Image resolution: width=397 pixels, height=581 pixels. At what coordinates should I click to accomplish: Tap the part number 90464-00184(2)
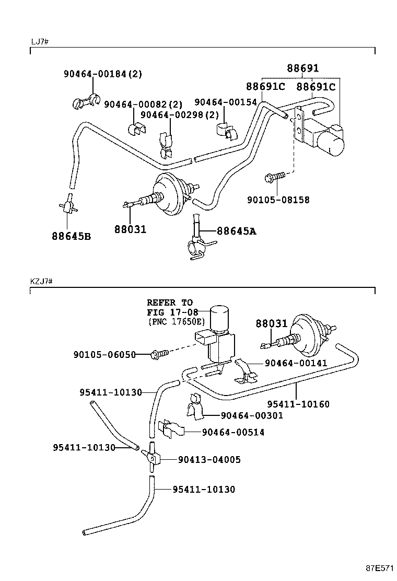click(103, 74)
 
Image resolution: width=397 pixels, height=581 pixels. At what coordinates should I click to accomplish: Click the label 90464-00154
click(226, 102)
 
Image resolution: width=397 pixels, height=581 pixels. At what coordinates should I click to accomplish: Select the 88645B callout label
click(71, 236)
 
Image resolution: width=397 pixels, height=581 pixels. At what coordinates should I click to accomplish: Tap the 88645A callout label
click(237, 231)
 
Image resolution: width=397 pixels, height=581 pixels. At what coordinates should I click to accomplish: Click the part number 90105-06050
click(104, 355)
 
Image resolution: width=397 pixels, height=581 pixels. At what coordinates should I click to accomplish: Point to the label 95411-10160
click(298, 404)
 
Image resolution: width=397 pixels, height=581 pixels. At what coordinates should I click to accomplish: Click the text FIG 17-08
click(169, 312)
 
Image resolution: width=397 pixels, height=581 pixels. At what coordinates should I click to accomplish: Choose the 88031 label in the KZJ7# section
click(272, 324)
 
